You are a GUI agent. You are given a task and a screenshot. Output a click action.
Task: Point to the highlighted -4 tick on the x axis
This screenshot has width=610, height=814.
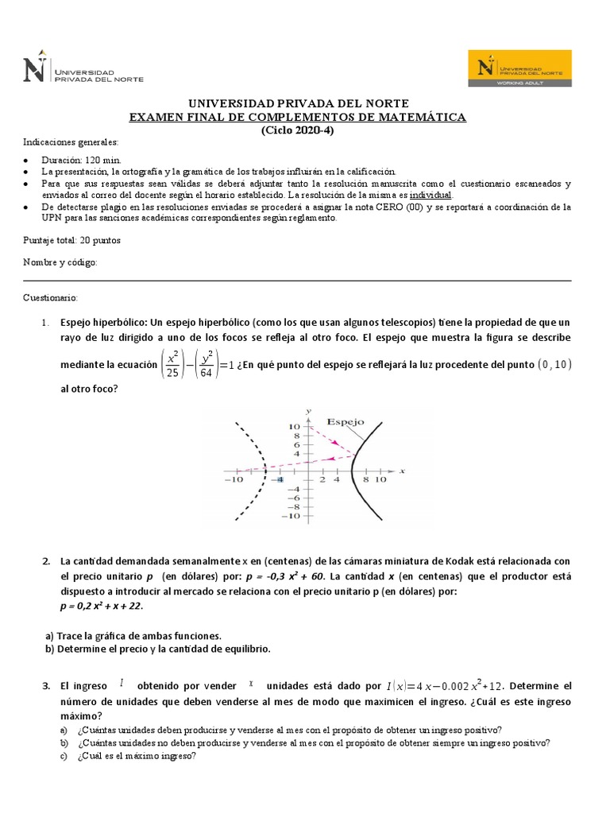pos(279,480)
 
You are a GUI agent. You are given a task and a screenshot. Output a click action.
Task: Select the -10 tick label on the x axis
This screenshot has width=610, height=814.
pos(234,480)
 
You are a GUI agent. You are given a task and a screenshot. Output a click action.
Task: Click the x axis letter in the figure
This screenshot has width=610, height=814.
pos(403,471)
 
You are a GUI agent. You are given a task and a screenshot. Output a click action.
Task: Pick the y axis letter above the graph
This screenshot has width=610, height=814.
pos(307,409)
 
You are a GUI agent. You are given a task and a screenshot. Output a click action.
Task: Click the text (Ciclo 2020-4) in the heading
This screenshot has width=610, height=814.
pos(298,131)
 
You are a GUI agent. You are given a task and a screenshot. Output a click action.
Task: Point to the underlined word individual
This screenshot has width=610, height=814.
pos(430,195)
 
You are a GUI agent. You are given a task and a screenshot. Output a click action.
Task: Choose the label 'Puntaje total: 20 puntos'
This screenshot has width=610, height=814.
pos(71,240)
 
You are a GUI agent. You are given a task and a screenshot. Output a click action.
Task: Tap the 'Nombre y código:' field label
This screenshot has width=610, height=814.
pos(60,262)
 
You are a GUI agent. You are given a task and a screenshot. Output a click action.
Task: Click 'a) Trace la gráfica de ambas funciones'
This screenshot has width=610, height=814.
pos(133,635)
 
